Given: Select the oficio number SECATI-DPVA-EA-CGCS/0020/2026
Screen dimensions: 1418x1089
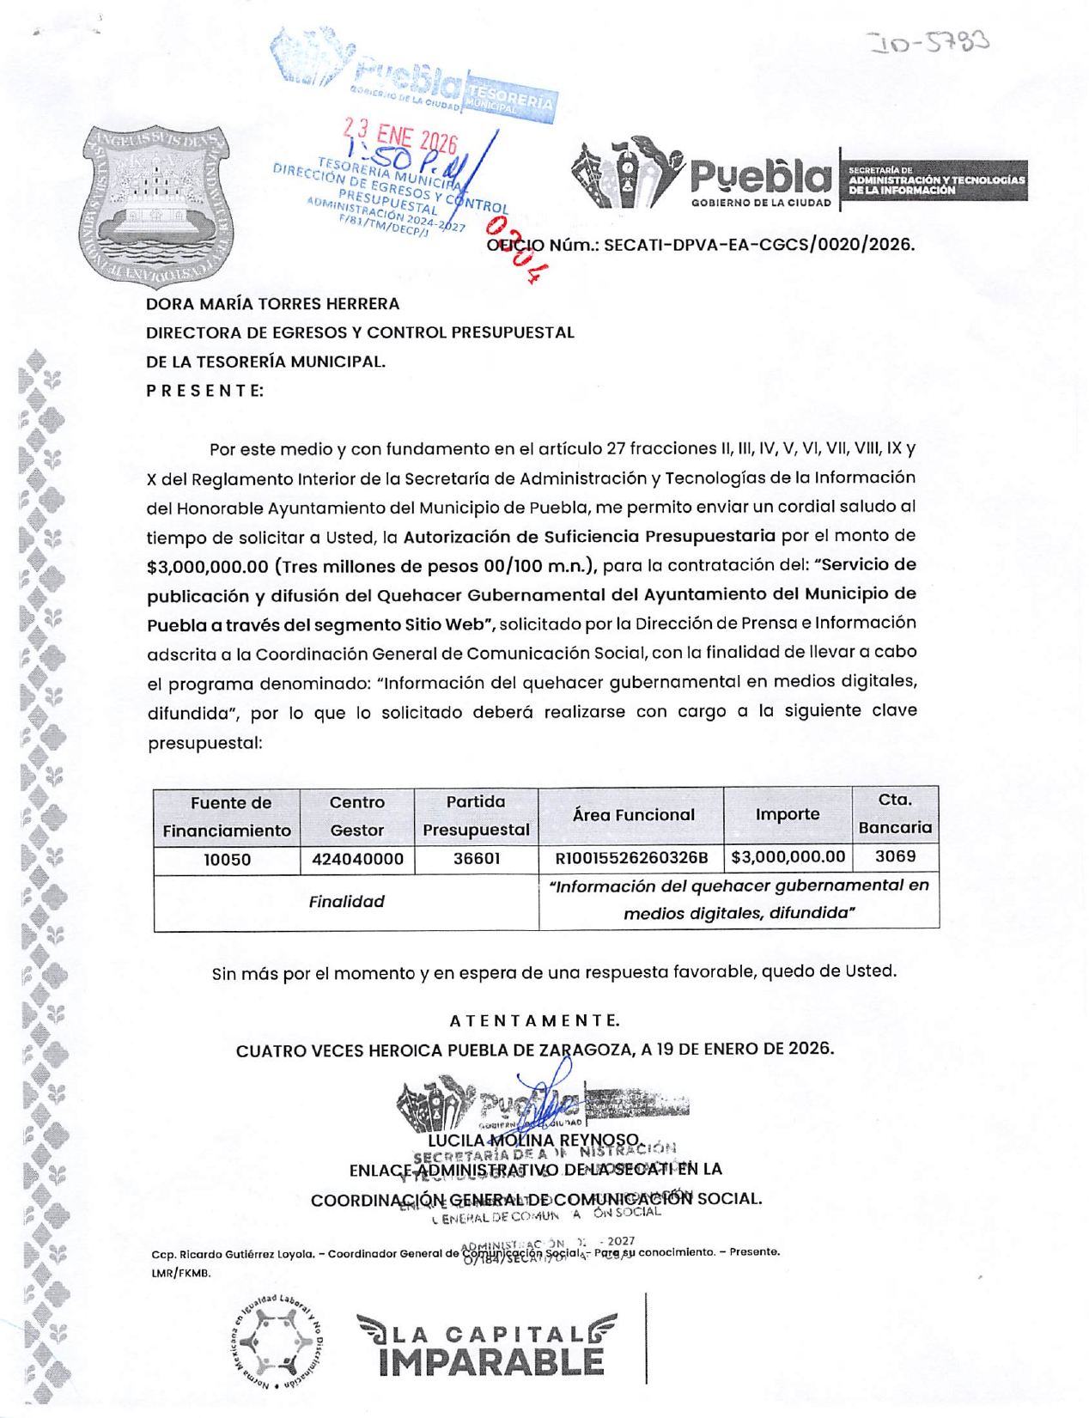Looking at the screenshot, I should (758, 245).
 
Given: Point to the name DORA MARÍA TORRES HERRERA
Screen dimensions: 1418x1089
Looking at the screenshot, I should (272, 304).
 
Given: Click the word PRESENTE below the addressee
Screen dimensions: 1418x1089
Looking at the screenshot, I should (204, 391).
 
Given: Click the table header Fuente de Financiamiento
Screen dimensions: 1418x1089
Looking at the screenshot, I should (227, 816).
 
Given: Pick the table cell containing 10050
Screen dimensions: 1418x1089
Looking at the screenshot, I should (227, 859).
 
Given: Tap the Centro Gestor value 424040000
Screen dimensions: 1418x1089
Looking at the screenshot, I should (356, 859).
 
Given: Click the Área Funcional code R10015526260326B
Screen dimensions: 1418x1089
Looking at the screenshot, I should (631, 858).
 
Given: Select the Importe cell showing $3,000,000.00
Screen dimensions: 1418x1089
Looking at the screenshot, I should (788, 857).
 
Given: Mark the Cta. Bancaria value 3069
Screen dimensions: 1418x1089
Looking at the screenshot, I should (895, 856).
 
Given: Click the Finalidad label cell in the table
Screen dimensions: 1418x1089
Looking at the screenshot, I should (346, 902).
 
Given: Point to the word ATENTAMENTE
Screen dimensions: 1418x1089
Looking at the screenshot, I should (534, 1020).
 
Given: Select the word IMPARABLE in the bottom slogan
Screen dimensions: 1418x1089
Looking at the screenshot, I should (491, 1362).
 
